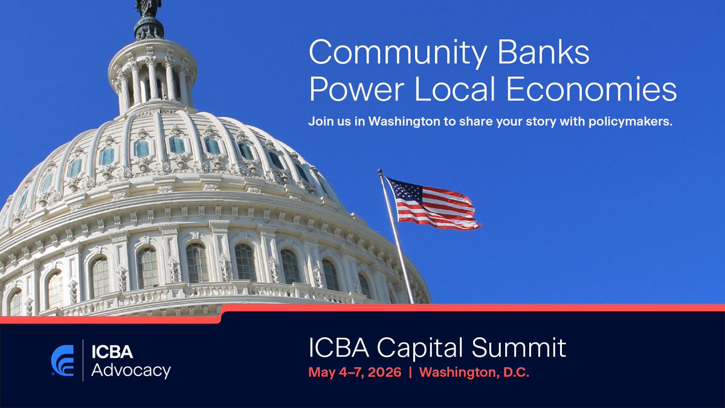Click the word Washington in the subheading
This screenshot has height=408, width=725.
point(404,121)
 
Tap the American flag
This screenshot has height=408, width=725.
point(433,204)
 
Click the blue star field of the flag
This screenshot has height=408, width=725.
point(404,192)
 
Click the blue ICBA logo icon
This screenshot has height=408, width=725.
point(63,361)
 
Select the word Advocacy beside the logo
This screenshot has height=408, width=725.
point(130,370)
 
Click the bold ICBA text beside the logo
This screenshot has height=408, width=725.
point(112,352)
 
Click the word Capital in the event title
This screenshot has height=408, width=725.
point(424,348)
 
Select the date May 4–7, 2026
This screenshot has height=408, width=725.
point(355,372)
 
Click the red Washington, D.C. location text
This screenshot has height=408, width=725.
point(474,372)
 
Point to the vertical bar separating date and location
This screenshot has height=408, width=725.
point(410,372)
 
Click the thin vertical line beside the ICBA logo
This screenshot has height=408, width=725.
point(83,361)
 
